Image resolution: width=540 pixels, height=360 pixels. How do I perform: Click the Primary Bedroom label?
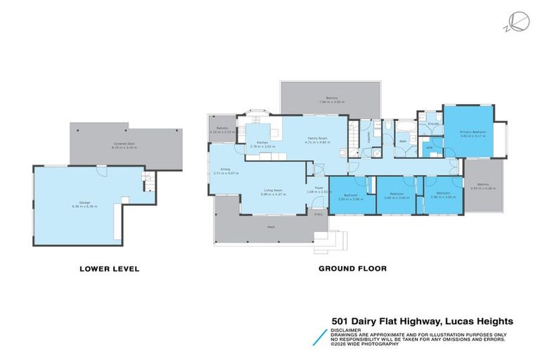click(x=473, y=134)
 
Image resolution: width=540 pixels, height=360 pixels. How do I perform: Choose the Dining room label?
click(x=226, y=170)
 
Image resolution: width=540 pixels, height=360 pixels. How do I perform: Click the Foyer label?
click(x=319, y=188)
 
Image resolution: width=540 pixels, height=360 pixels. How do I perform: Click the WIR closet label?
click(x=429, y=148)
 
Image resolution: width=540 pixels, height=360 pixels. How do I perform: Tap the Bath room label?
click(x=403, y=141)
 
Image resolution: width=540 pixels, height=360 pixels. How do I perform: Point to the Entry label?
click(x=318, y=214)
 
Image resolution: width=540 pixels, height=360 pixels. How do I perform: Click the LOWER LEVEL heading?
click(x=109, y=269)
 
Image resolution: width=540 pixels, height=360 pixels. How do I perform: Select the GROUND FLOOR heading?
click(x=352, y=269)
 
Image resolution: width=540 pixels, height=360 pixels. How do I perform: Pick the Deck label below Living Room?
click(x=271, y=227)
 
